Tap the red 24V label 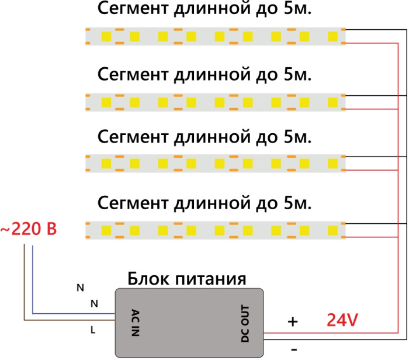[x=342, y=320]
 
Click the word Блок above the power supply [x=148, y=278]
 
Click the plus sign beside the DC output [x=293, y=321]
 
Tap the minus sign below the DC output [x=293, y=348]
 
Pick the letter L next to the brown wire [x=93, y=330]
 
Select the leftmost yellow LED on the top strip [x=107, y=36]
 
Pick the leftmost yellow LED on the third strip [x=107, y=161]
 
